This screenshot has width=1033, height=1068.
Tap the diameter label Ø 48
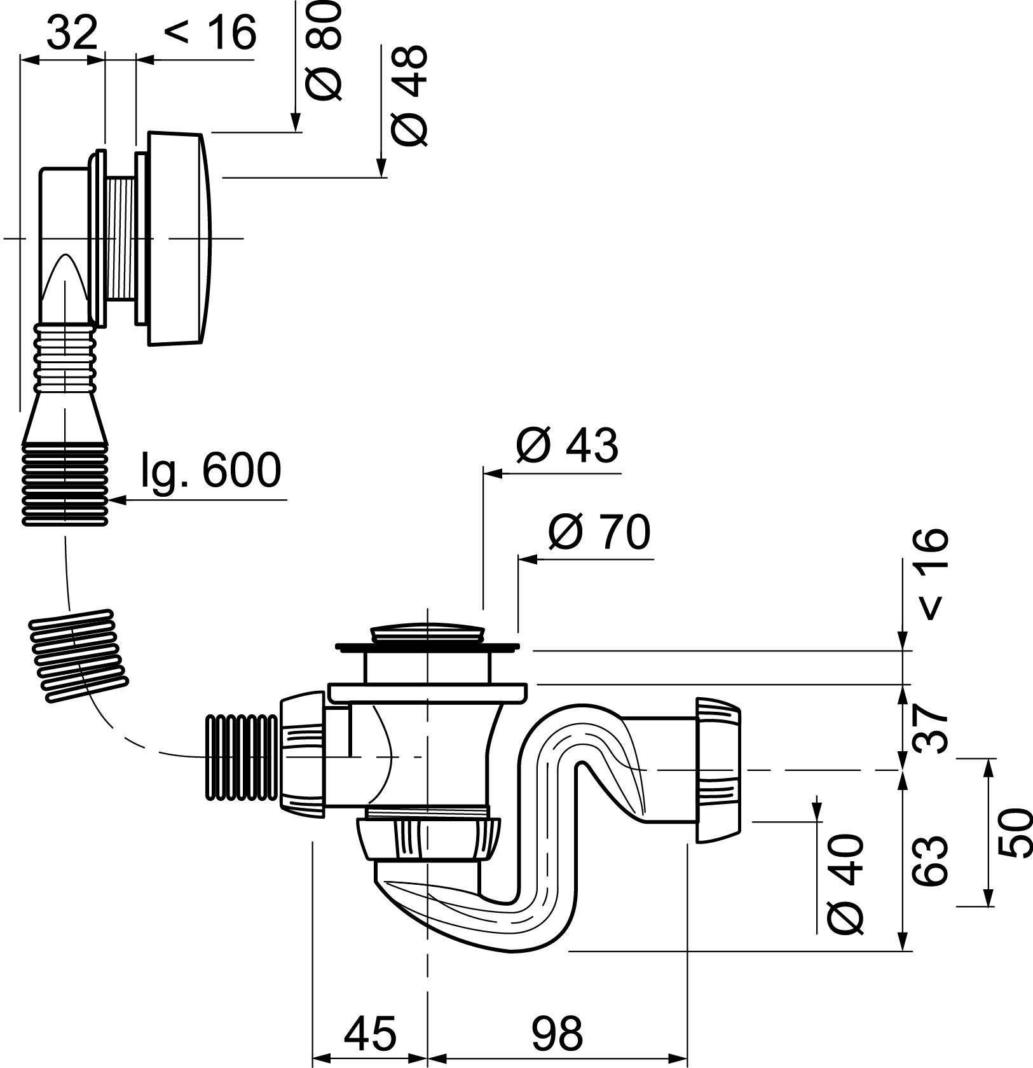click(409, 95)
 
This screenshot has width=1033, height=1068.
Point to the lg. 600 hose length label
click(210, 471)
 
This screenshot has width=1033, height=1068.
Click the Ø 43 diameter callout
click(566, 445)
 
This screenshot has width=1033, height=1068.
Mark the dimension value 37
click(930, 726)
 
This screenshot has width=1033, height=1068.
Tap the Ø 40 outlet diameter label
click(846, 884)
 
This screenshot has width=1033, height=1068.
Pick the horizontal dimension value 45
click(370, 1033)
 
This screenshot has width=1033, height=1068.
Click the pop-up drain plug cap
click(427, 634)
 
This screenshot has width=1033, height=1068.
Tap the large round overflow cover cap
click(178, 239)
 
